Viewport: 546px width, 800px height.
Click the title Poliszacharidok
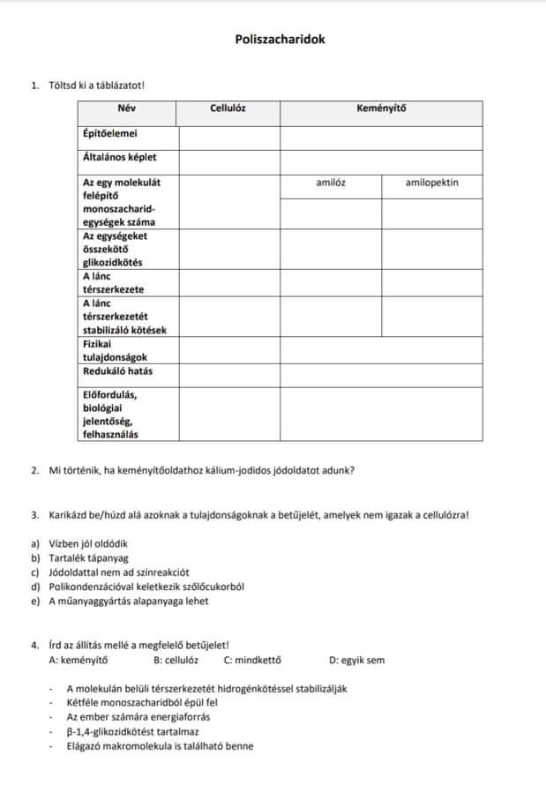click(273, 40)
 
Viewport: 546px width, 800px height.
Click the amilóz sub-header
click(330, 183)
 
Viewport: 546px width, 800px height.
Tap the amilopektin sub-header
click(431, 183)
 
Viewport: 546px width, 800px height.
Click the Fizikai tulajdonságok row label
click(115, 351)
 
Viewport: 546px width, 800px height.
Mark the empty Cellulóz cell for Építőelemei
click(229, 137)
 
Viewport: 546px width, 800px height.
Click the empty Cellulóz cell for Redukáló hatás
click(229, 373)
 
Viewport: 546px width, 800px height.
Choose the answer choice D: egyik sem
click(356, 660)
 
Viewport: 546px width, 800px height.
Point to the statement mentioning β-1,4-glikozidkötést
click(132, 731)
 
